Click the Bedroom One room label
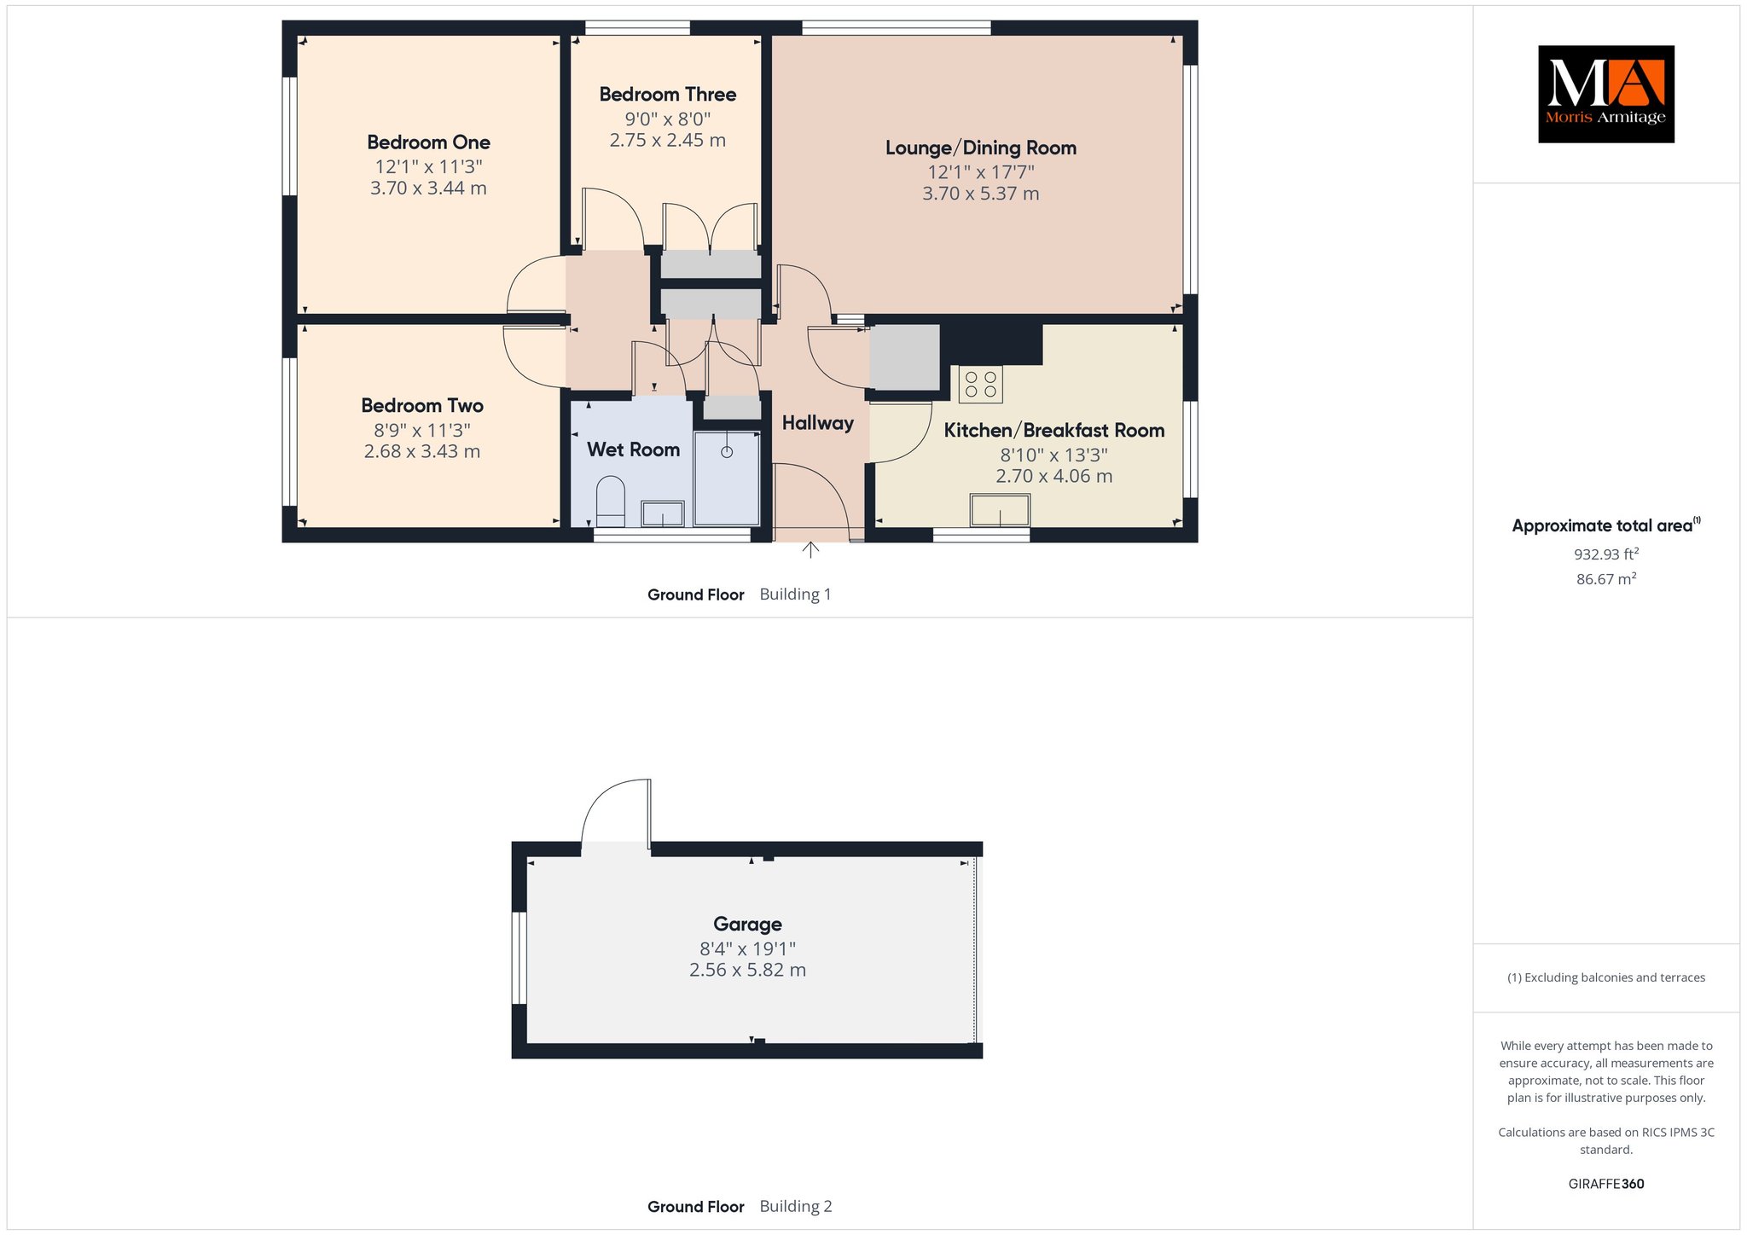(x=428, y=142)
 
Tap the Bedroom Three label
(x=668, y=95)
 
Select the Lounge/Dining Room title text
(x=981, y=148)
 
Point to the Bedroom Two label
(x=422, y=406)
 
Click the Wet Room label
(x=633, y=449)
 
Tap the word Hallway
(x=818, y=423)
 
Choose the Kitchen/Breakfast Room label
(x=1054, y=431)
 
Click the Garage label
(x=747, y=925)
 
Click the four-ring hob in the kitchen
(x=981, y=384)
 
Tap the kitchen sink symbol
(x=1000, y=510)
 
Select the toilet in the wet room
(x=610, y=502)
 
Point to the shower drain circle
(x=727, y=452)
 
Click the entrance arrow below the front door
(x=810, y=549)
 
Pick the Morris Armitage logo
(x=1606, y=94)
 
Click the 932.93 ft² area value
(x=1606, y=554)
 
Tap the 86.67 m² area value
(x=1606, y=579)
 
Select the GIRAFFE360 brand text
(x=1606, y=1184)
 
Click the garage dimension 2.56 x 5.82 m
(x=747, y=970)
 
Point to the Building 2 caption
(x=795, y=1207)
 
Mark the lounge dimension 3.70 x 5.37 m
(x=981, y=194)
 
